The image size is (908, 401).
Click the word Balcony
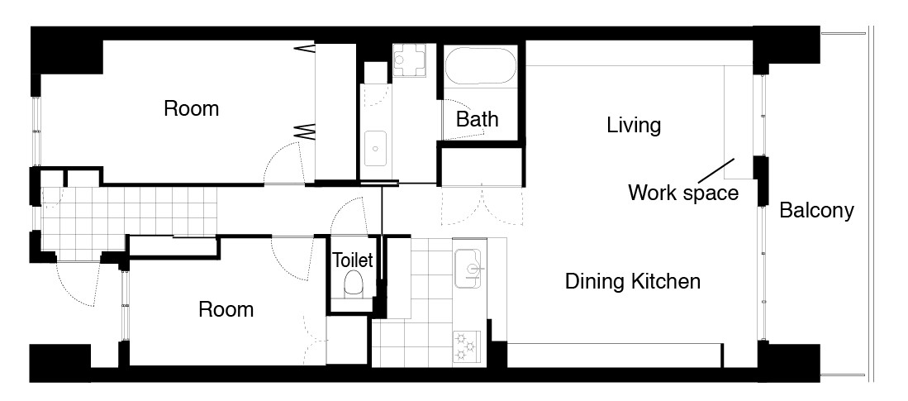pyautogui.click(x=816, y=210)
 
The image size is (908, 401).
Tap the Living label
pyautogui.click(x=634, y=125)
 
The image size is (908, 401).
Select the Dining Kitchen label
pyautogui.click(x=632, y=282)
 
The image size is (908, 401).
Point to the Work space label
pyautogui.click(x=683, y=193)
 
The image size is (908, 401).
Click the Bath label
pyautogui.click(x=478, y=119)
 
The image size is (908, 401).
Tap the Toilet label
pyautogui.click(x=353, y=260)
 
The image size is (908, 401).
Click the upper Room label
pyautogui.click(x=191, y=108)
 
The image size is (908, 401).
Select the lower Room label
pyautogui.click(x=226, y=309)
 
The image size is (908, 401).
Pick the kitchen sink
pyautogui.click(x=469, y=269)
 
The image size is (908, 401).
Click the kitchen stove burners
pyautogui.click(x=467, y=346)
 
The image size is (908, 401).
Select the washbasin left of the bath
pyautogui.click(x=375, y=149)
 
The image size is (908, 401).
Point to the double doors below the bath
pyautogui.click(x=483, y=207)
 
